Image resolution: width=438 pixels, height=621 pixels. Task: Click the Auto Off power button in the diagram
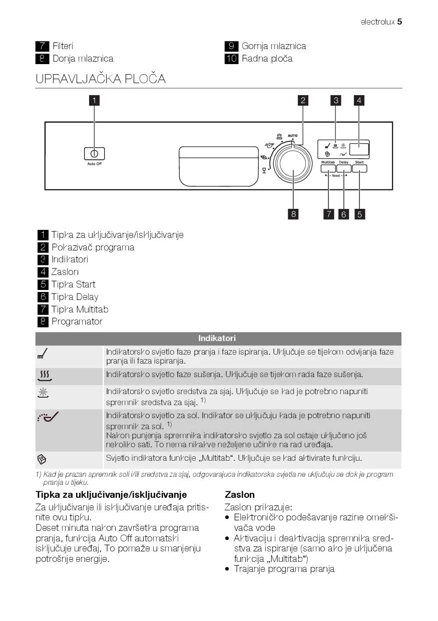click(x=94, y=154)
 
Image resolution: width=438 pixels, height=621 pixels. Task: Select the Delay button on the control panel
click(x=343, y=169)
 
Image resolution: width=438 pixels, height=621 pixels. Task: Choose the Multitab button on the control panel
click(x=328, y=169)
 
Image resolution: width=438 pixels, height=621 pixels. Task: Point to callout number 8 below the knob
click(x=293, y=214)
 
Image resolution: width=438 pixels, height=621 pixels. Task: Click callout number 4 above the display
click(x=359, y=100)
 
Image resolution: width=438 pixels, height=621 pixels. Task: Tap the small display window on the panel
click(x=359, y=149)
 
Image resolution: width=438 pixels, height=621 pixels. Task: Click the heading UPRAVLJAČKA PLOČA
click(x=101, y=79)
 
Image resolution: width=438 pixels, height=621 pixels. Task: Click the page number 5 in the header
click(x=400, y=22)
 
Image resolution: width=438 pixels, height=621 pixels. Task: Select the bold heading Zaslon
click(x=240, y=495)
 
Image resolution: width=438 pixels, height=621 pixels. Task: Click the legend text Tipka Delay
click(x=75, y=297)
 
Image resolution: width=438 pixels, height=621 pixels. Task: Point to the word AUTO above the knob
click(x=293, y=136)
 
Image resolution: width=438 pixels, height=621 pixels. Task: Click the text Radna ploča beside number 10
click(x=267, y=59)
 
